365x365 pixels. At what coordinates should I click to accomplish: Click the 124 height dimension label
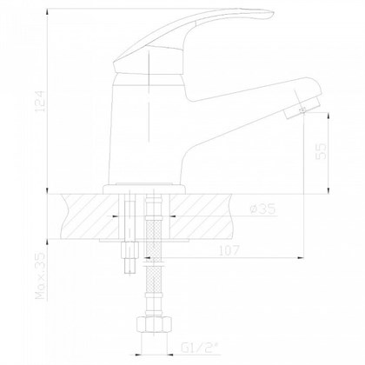pyautogui.click(x=41, y=102)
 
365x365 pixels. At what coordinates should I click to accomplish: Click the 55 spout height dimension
pyautogui.click(x=321, y=151)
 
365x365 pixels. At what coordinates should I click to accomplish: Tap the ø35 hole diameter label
pyautogui.click(x=262, y=209)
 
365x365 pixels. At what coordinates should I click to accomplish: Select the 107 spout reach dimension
pyautogui.click(x=229, y=250)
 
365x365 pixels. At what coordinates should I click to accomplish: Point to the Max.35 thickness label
pyautogui.click(x=41, y=275)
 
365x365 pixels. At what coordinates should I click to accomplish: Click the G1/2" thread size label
pyautogui.click(x=200, y=348)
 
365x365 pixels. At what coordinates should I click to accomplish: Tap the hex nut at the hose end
pyautogui.click(x=154, y=325)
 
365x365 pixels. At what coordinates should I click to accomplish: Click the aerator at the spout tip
pyautogui.click(x=302, y=109)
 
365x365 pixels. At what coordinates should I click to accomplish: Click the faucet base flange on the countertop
pyautogui.click(x=144, y=189)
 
